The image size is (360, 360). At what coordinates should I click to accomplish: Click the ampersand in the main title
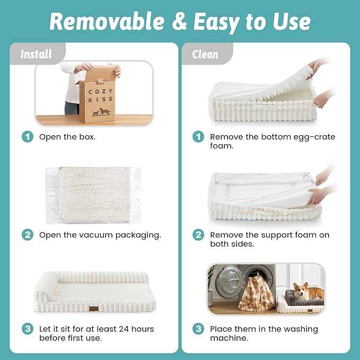tap(179, 21)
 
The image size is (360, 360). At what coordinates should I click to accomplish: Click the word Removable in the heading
tap(107, 21)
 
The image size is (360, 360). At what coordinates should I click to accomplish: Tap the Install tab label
tap(36, 55)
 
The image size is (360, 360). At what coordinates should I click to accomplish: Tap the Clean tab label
tap(205, 55)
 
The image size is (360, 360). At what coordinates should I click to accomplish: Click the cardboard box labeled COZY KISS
tap(98, 94)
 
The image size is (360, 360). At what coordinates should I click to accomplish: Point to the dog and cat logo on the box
tap(101, 112)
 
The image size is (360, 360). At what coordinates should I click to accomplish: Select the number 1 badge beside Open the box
tap(28, 137)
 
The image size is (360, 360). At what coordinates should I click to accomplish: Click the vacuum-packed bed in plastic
tap(93, 195)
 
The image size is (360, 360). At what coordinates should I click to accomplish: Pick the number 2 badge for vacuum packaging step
tap(28, 235)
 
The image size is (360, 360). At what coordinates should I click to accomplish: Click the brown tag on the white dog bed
tap(94, 309)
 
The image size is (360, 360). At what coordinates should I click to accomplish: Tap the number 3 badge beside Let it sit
tap(28, 329)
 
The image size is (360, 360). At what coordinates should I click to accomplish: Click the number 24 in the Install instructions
tap(124, 329)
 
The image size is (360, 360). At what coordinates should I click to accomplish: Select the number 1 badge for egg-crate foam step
tap(198, 137)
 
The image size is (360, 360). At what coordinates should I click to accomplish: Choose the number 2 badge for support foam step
tap(198, 235)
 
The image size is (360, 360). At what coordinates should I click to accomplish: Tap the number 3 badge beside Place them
tap(198, 329)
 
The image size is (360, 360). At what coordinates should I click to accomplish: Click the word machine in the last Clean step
tap(229, 338)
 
